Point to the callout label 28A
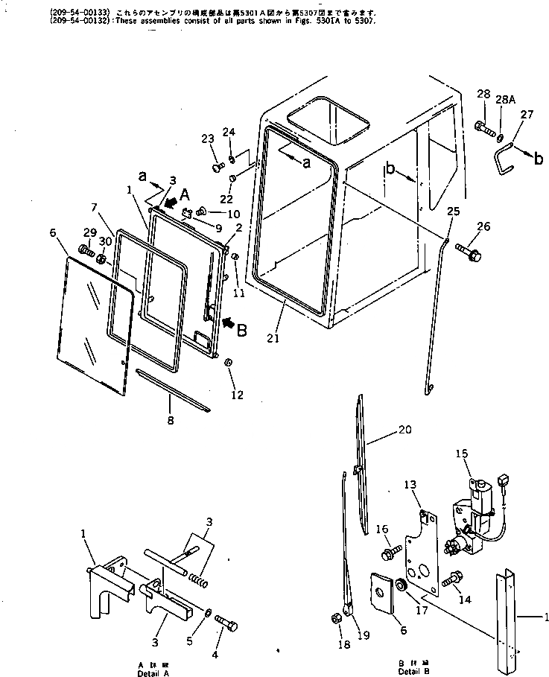[x=505, y=99]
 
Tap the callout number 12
[x=237, y=395]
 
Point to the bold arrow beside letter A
[x=172, y=202]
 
